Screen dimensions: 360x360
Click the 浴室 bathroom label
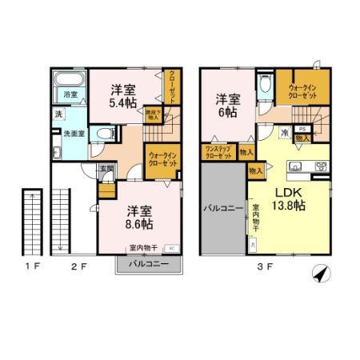pos(70,95)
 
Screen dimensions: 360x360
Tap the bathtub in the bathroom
pos(71,82)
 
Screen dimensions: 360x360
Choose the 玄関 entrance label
pos(106,170)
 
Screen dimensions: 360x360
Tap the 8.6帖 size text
pos(141,226)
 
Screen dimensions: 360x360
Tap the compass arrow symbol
pos(322,273)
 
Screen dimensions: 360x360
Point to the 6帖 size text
pos(229,113)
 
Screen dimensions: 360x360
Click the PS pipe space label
pos(302,129)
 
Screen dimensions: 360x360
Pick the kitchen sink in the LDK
pos(294,167)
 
